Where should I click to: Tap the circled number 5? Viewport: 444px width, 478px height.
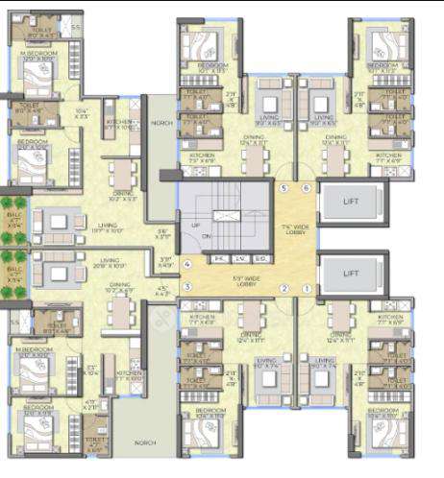pos(284,188)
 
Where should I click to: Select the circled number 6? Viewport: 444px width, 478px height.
pos(306,188)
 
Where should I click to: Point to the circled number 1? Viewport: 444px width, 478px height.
pos(307,289)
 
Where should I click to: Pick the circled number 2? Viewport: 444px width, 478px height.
pos(284,289)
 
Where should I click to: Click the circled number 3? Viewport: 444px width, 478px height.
pos(187,287)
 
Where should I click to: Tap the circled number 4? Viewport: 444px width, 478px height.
pos(187,264)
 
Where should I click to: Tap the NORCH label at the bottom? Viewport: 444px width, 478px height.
pos(145,442)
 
